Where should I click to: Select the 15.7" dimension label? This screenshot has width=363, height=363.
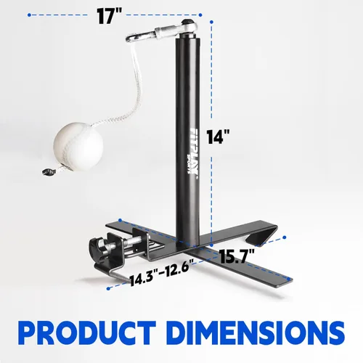pos(237,256)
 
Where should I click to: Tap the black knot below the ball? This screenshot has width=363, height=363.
pos(47,171)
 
